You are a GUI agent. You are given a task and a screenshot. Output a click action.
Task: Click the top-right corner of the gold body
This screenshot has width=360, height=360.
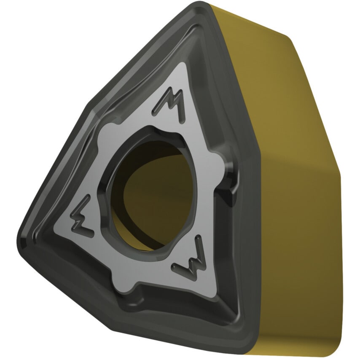coord(291,38)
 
